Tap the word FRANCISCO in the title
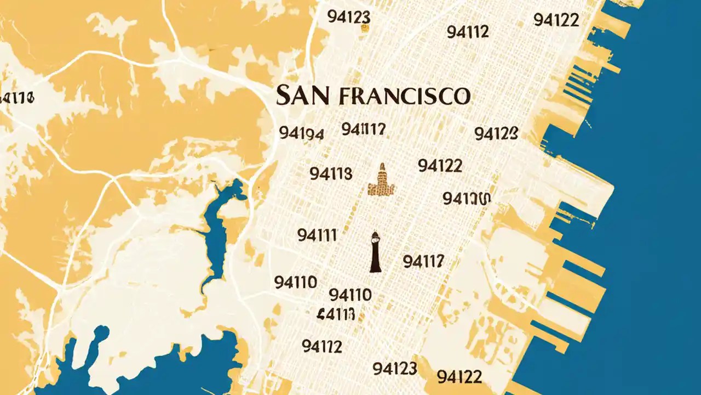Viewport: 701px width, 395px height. (x=405, y=95)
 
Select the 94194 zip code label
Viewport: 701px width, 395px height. (x=301, y=133)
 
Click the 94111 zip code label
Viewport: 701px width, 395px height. (x=317, y=235)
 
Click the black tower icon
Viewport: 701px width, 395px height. (x=375, y=252)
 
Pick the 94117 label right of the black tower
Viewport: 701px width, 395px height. (x=423, y=262)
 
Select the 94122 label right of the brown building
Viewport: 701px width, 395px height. (x=440, y=165)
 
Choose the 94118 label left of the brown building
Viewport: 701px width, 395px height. (x=331, y=174)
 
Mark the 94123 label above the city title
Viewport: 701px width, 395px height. (x=348, y=17)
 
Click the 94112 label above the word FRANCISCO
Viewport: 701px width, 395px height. (x=468, y=32)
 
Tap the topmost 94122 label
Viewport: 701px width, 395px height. (x=556, y=20)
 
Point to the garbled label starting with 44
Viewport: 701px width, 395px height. (x=336, y=314)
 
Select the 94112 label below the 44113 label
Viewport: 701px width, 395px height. (x=322, y=346)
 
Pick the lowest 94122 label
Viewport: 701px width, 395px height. (x=459, y=376)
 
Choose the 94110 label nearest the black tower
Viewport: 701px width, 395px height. (x=350, y=295)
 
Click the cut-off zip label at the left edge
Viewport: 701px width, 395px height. (x=17, y=98)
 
